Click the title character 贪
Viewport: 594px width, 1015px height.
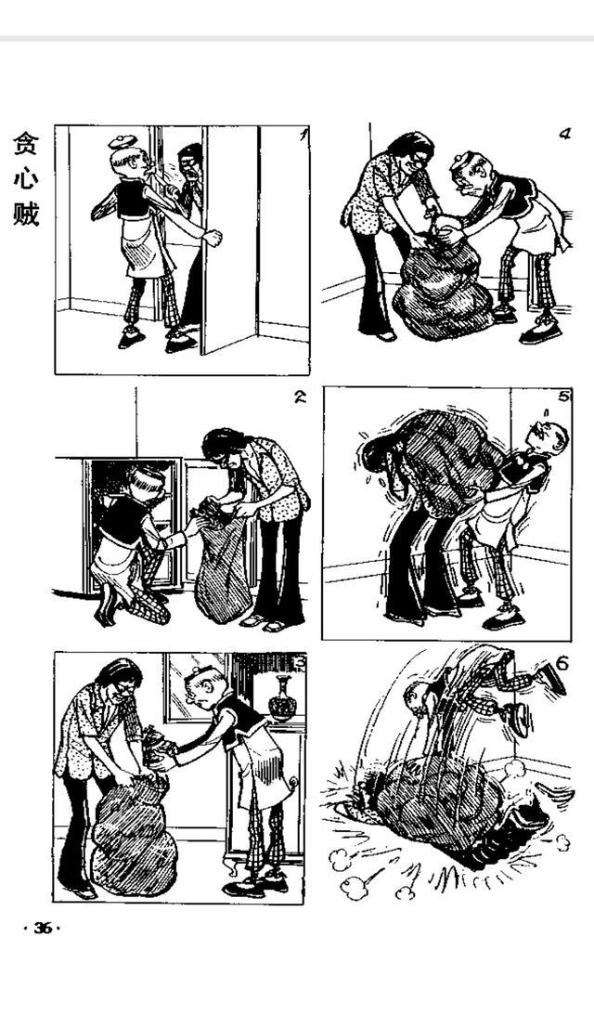point(25,146)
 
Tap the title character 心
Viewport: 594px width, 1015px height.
point(25,180)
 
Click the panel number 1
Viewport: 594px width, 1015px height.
point(301,135)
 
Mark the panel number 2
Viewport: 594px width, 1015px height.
point(300,397)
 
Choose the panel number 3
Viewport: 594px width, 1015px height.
point(299,661)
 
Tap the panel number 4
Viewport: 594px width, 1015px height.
point(563,134)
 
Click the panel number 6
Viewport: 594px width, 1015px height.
point(561,663)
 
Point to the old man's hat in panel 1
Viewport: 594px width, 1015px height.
point(122,142)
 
